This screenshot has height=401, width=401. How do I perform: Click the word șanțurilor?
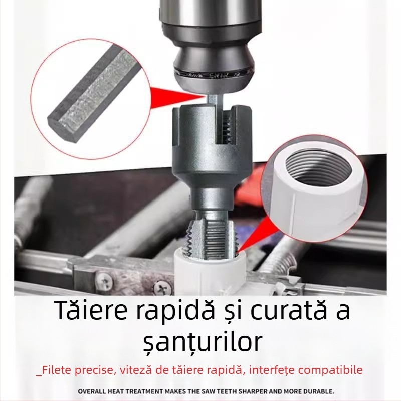pos(200,342)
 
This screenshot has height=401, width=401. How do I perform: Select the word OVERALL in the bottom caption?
pos(95,391)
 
